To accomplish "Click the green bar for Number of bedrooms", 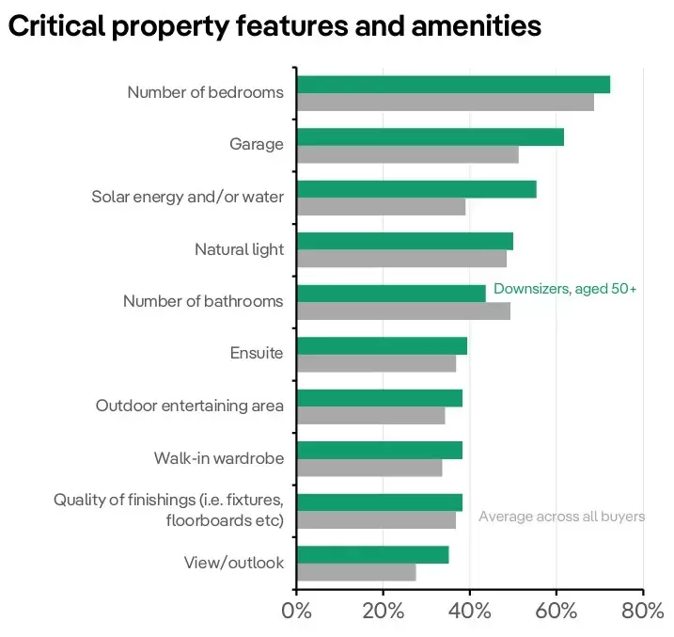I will [x=453, y=84].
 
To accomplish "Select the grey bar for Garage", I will [x=407, y=154].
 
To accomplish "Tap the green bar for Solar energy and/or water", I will [x=416, y=188].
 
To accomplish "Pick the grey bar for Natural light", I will [x=401, y=259].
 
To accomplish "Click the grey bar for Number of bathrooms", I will [x=403, y=311].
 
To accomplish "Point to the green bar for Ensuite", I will [x=382, y=345].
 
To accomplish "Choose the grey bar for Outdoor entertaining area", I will [x=370, y=415].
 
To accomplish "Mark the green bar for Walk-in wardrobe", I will [x=379, y=450].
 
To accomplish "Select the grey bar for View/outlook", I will [x=356, y=572].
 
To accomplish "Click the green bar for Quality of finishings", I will [x=379, y=502].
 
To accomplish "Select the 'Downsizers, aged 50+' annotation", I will [x=565, y=289].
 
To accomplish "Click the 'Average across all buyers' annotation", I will [x=561, y=516].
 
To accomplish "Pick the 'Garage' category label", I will [x=256, y=144].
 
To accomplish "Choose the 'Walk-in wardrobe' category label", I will [x=218, y=458].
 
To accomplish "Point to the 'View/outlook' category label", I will [x=233, y=563].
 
